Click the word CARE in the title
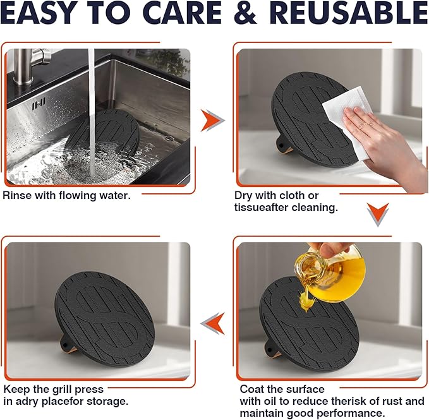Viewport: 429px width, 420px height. (182, 13)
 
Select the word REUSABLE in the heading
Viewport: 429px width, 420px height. (349, 13)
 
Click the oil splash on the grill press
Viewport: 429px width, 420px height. (306, 301)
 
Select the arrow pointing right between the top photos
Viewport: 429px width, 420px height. (212, 120)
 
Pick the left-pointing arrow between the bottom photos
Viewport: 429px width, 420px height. (212, 323)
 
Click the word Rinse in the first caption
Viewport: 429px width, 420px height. (17, 196)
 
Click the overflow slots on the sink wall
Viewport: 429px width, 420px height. (39, 104)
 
